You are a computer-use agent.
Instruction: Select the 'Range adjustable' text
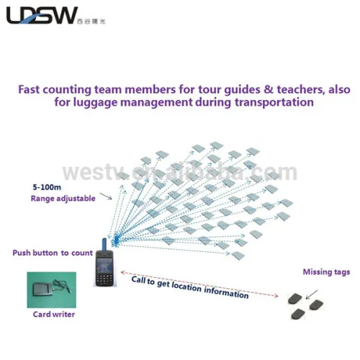62,198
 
